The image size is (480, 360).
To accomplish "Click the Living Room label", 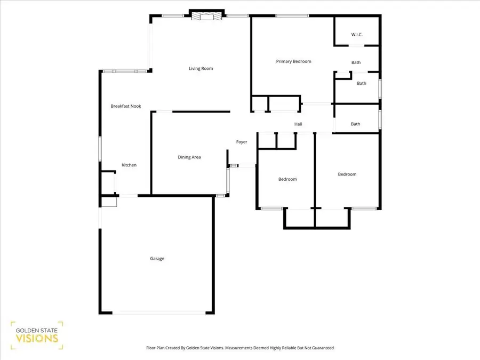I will tap(201, 68).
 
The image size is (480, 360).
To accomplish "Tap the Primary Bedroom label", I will tap(293, 61).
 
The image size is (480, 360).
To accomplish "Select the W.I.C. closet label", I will tap(357, 35).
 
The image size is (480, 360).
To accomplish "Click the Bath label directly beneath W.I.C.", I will tap(356, 62).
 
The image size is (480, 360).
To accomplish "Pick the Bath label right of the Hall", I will tap(356, 124).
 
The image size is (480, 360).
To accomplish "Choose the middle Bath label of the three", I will tap(362, 83).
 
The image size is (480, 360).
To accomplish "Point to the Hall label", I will tap(298, 124).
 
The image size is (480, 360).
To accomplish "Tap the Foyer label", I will tap(242, 142).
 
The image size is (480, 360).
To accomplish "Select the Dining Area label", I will tap(189, 157).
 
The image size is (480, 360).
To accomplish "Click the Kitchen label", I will tap(129, 165).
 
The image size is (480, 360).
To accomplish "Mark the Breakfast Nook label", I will tap(125, 106).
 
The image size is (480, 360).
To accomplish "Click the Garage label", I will tap(157, 259).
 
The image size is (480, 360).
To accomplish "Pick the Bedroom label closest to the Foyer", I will tap(287, 179).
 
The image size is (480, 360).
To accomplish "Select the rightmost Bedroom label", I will tap(347, 174).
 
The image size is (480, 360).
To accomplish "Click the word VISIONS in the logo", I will tap(37, 339).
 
